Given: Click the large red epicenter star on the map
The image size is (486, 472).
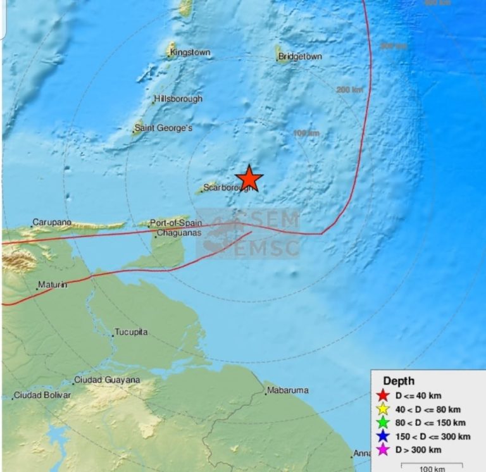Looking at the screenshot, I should tap(249, 178).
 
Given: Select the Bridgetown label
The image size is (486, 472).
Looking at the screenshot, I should tap(300, 57).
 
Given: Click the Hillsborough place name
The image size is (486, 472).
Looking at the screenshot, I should tap(178, 99).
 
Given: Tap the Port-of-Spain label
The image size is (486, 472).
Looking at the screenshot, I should tap(177, 223).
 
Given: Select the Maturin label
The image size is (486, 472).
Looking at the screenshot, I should tap(53, 285).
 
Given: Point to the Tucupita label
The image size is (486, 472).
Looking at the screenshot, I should tap(131, 332).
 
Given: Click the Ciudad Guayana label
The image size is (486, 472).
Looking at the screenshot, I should tap(106, 380).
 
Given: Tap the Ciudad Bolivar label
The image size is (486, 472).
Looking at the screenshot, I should tap(42, 395).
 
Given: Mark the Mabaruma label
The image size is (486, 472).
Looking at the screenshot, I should tap(288, 390).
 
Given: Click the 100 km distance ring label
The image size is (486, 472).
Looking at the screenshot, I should tap(307, 133).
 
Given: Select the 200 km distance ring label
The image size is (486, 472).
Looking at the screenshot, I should tap(349, 90).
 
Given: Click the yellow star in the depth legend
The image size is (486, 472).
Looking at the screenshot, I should tap(382, 409).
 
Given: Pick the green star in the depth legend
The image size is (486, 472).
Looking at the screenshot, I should tap(382, 423).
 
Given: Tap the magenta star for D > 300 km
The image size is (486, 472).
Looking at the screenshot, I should tap(382, 450).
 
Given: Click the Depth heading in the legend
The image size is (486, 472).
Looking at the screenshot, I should tap(399, 381).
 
